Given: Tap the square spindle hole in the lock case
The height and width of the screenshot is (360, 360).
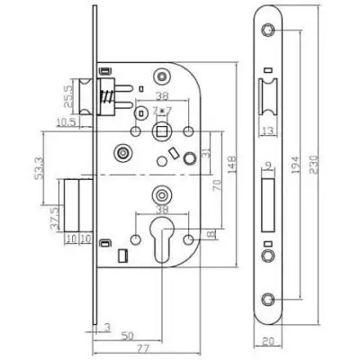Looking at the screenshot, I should pos(162,131).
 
